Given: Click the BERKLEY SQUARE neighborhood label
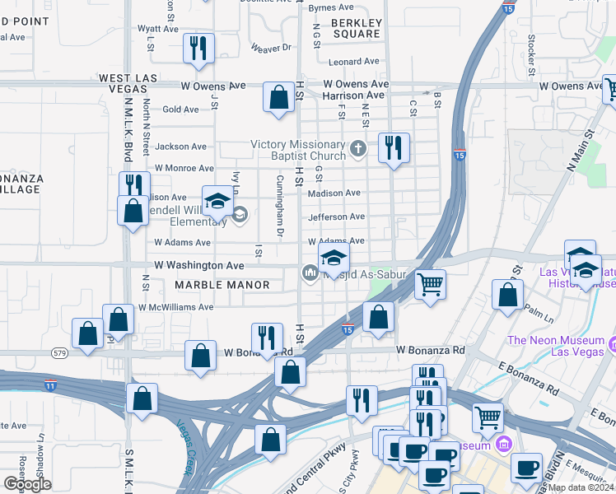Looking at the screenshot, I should [x=357, y=28].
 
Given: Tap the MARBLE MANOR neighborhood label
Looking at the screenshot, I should [x=222, y=285].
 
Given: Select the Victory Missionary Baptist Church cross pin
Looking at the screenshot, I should [x=357, y=149].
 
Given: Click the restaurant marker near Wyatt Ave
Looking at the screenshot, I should [x=198, y=49].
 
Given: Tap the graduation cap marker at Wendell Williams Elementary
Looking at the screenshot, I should [x=217, y=202].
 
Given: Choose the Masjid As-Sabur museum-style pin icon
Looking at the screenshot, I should [x=310, y=272].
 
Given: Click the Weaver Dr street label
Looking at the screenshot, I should [x=273, y=49].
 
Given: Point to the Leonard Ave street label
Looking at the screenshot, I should [x=353, y=61].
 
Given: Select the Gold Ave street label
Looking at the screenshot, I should [x=180, y=110].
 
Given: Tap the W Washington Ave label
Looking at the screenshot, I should [x=199, y=266].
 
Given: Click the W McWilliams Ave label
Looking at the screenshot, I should [x=175, y=307].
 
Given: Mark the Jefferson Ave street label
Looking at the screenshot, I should [x=336, y=217].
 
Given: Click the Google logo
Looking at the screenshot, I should [x=27, y=484].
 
